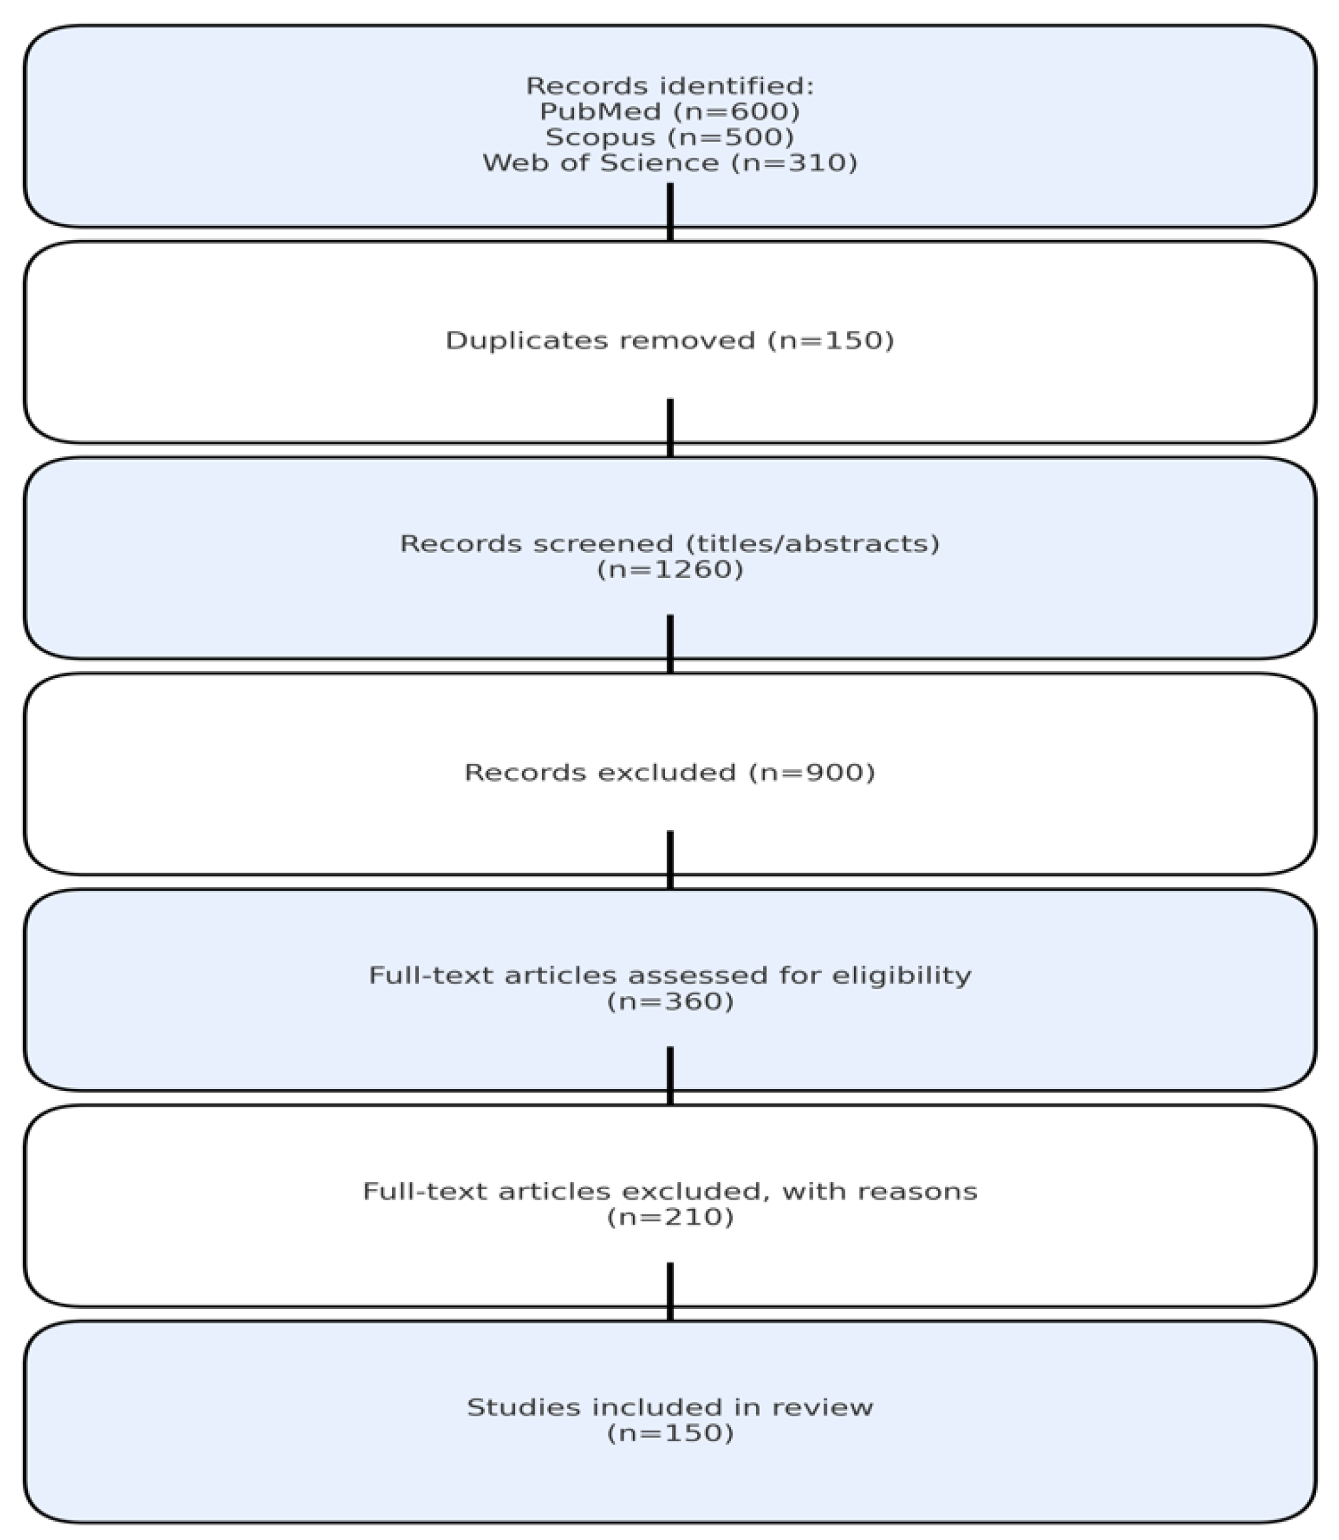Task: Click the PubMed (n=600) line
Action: (669, 112)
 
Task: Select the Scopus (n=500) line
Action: (669, 137)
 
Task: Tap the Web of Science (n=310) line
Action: (669, 163)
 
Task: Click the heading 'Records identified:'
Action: (669, 86)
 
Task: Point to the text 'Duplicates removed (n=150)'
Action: (669, 341)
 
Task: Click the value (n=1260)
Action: (669, 569)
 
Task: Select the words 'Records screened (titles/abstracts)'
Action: (669, 543)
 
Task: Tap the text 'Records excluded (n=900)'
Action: (669, 772)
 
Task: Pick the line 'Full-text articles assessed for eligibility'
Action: (669, 975)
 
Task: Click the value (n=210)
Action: (669, 1217)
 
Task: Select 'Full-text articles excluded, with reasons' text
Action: (669, 1191)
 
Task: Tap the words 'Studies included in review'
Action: (669, 1407)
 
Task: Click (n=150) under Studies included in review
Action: (669, 1433)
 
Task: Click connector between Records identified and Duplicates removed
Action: (670, 212)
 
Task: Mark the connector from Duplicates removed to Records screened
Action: (670, 428)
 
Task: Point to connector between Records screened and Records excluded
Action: (670, 644)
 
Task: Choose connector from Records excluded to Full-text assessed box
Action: (670, 859)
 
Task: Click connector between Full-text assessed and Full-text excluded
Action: (670, 1076)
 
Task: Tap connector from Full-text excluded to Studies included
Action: (670, 1292)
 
